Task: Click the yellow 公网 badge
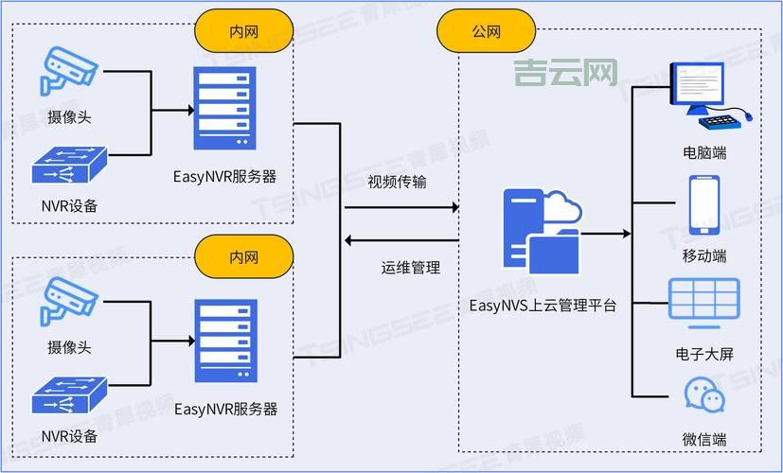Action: coord(486,32)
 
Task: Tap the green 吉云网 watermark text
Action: coord(565,72)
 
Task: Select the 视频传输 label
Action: coord(397,182)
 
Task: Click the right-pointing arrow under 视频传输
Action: coord(452,206)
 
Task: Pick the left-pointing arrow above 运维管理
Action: coord(351,240)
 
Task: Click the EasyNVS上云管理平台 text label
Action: coord(543,305)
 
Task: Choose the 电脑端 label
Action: coord(704,152)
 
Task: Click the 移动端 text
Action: coord(704,255)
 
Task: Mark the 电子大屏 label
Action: coord(704,354)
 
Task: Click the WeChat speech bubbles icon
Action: coord(704,394)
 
